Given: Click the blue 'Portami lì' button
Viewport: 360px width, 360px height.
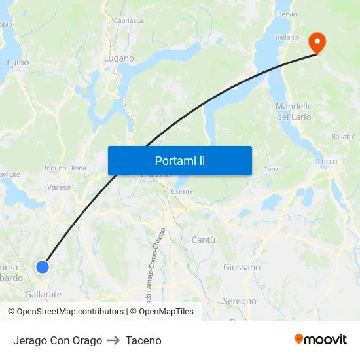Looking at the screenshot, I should [x=179, y=160].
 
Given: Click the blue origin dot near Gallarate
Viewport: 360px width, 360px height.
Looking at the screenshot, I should [x=43, y=266].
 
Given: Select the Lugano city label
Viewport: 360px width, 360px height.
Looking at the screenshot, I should [x=119, y=58].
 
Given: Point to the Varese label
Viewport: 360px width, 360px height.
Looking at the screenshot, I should [x=59, y=187].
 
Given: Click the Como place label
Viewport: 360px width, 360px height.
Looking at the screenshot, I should [x=181, y=191].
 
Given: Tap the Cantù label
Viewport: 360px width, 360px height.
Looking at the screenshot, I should [x=204, y=240].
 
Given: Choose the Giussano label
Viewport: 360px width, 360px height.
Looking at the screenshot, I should [x=242, y=267].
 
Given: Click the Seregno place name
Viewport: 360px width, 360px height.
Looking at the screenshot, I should [x=240, y=301].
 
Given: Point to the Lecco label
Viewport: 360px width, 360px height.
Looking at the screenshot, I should [x=327, y=161].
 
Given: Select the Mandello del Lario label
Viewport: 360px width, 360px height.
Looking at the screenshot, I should [x=294, y=111].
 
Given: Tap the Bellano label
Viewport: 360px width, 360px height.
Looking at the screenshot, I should [x=287, y=37].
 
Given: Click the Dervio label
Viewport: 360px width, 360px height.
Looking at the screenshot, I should [x=287, y=14].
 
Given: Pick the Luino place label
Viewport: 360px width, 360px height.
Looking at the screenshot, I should [x=18, y=62].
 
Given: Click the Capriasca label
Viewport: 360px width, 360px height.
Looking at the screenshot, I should [x=128, y=20].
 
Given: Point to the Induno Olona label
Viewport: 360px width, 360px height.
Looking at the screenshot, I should [x=65, y=168].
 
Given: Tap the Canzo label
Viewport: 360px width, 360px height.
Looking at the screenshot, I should [x=272, y=169].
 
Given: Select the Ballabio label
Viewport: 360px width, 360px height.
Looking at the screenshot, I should [x=343, y=137].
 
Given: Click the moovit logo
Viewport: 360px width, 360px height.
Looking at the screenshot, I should [x=321, y=340].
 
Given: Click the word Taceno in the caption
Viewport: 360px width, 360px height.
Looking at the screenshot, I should [x=143, y=340].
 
